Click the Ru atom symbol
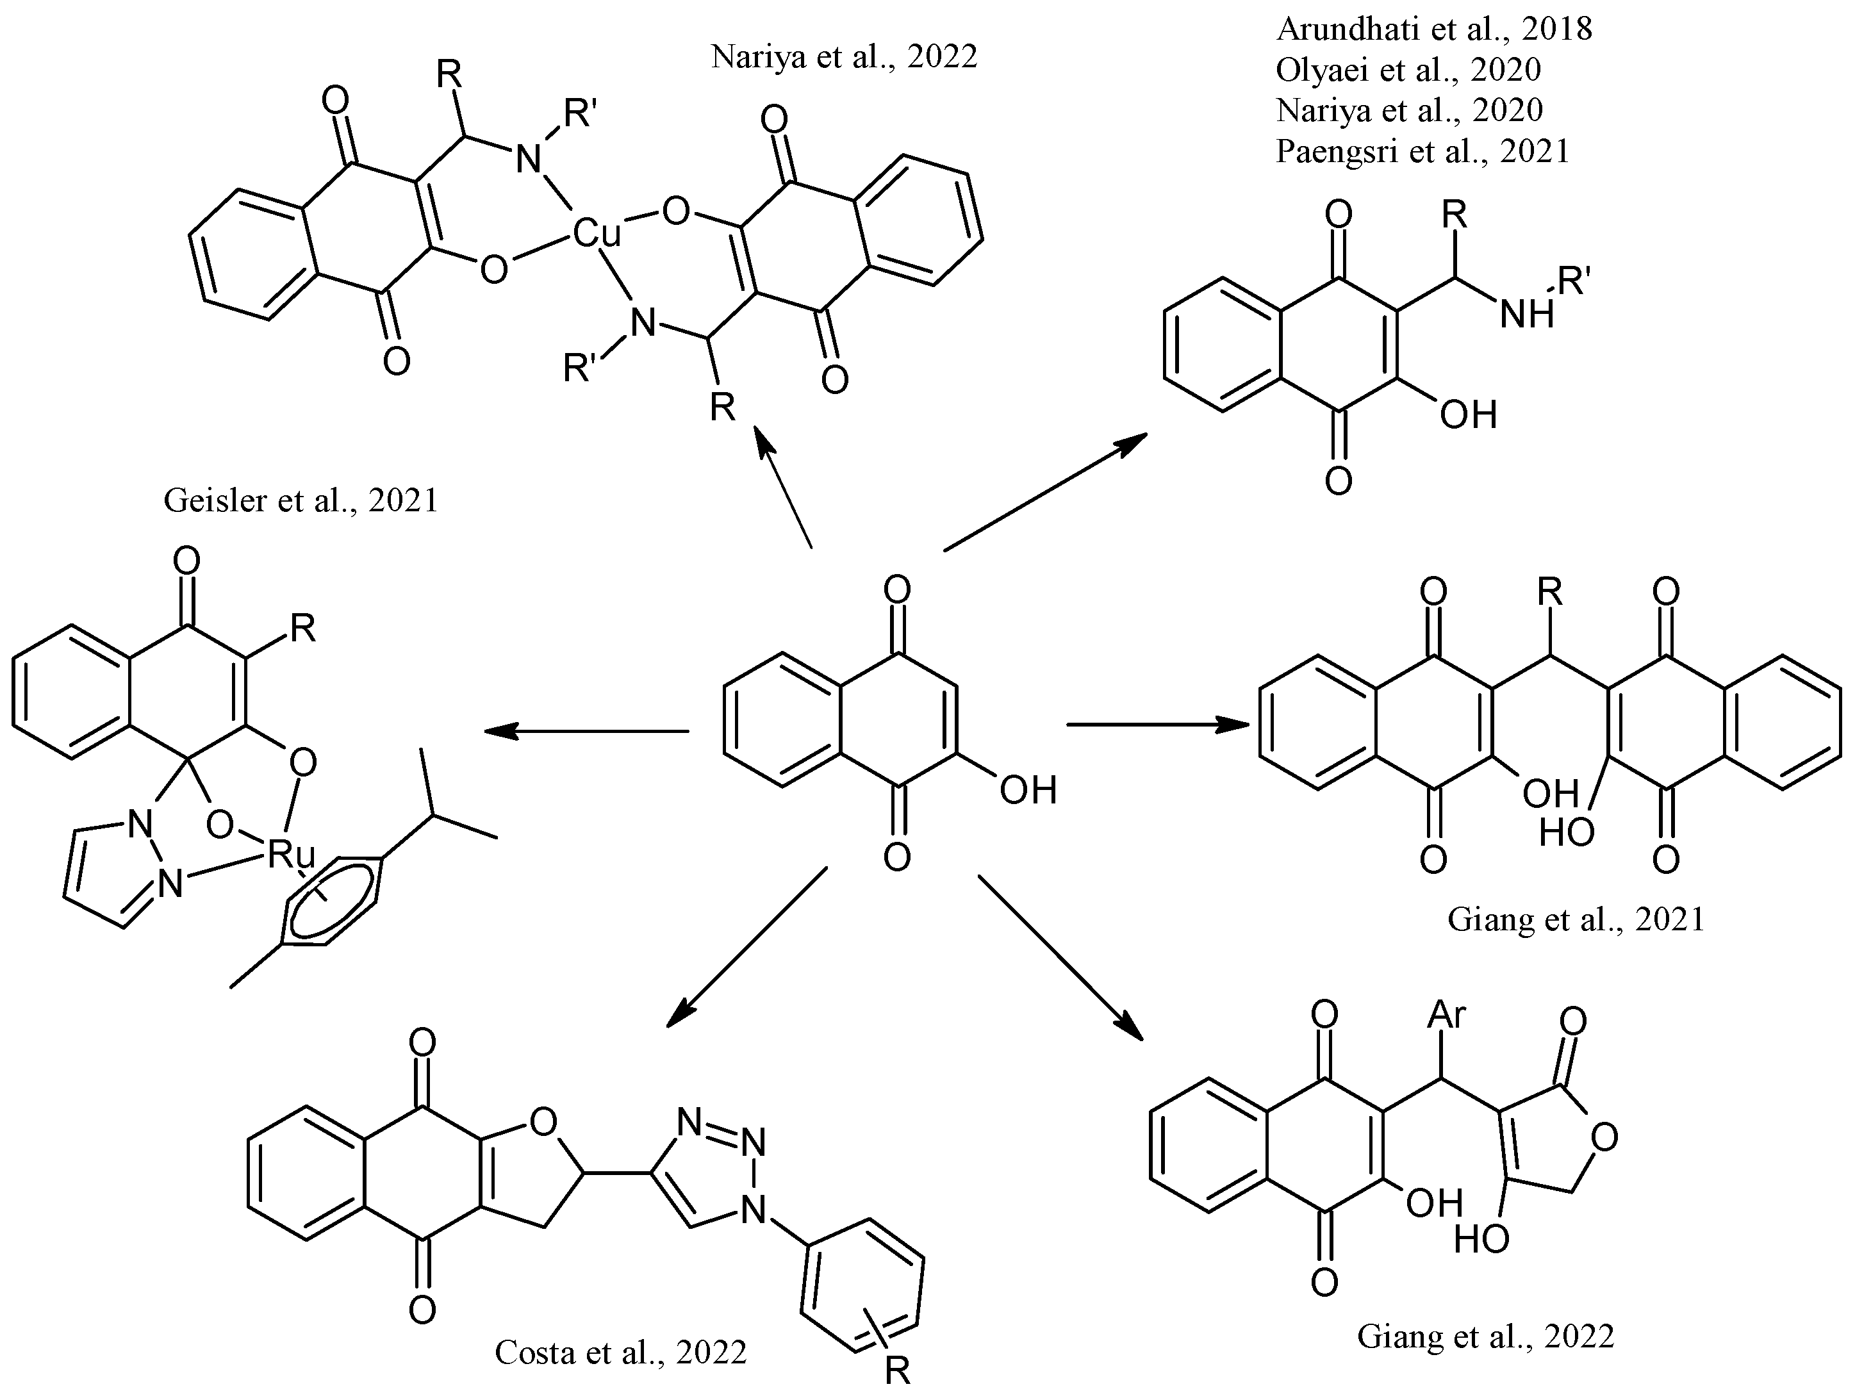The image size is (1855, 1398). pos(291,855)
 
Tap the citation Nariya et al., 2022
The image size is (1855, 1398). pos(844,57)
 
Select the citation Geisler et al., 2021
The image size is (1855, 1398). pos(301,500)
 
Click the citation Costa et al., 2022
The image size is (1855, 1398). pos(620,1353)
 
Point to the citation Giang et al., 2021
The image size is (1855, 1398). pos(1576,920)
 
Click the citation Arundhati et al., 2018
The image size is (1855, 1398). pos(1433,29)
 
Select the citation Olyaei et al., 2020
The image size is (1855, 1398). pos(1408,70)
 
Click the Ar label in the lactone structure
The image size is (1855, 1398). pos(1447,1016)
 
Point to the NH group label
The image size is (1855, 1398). pos(1527,315)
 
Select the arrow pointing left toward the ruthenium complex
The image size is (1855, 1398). pos(587,731)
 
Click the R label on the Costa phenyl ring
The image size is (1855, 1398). pos(897,1371)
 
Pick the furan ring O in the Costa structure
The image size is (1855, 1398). pos(544,1122)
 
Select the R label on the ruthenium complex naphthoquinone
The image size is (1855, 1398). pos(302,628)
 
